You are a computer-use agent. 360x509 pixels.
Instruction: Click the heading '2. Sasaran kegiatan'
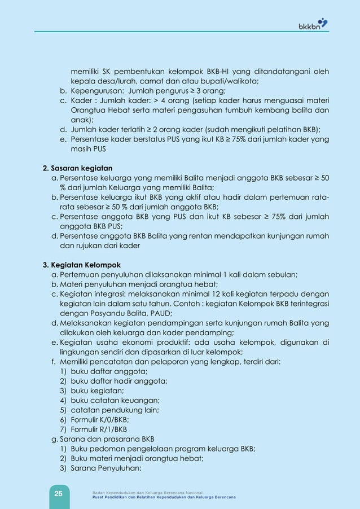click(78, 168)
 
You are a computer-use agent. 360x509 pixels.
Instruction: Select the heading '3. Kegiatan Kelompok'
click(81, 265)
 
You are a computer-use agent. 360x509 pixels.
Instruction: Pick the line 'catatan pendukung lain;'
click(112, 410)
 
